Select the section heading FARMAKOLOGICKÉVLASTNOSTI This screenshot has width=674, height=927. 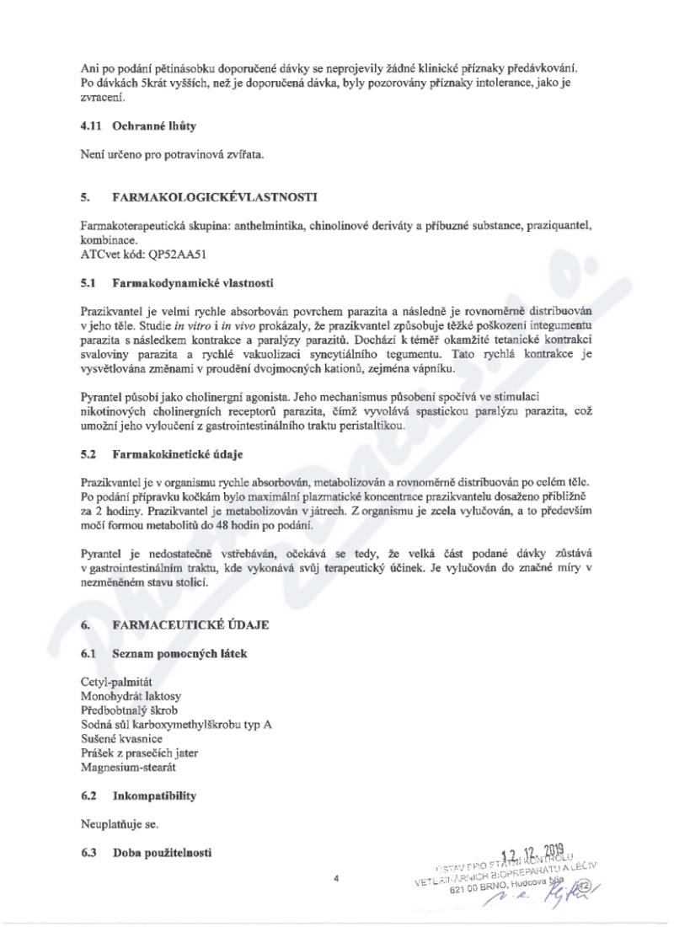(x=214, y=197)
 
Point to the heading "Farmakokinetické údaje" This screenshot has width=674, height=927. (x=178, y=454)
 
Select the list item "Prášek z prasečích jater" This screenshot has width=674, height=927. (x=139, y=753)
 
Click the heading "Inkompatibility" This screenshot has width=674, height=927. (x=155, y=796)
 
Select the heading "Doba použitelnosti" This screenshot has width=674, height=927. (x=162, y=852)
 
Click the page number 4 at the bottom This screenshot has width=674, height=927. (x=335, y=879)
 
